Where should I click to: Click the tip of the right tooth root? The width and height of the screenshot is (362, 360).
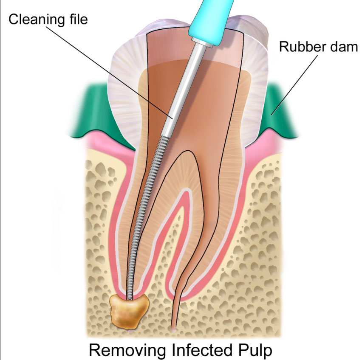[174, 329]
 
